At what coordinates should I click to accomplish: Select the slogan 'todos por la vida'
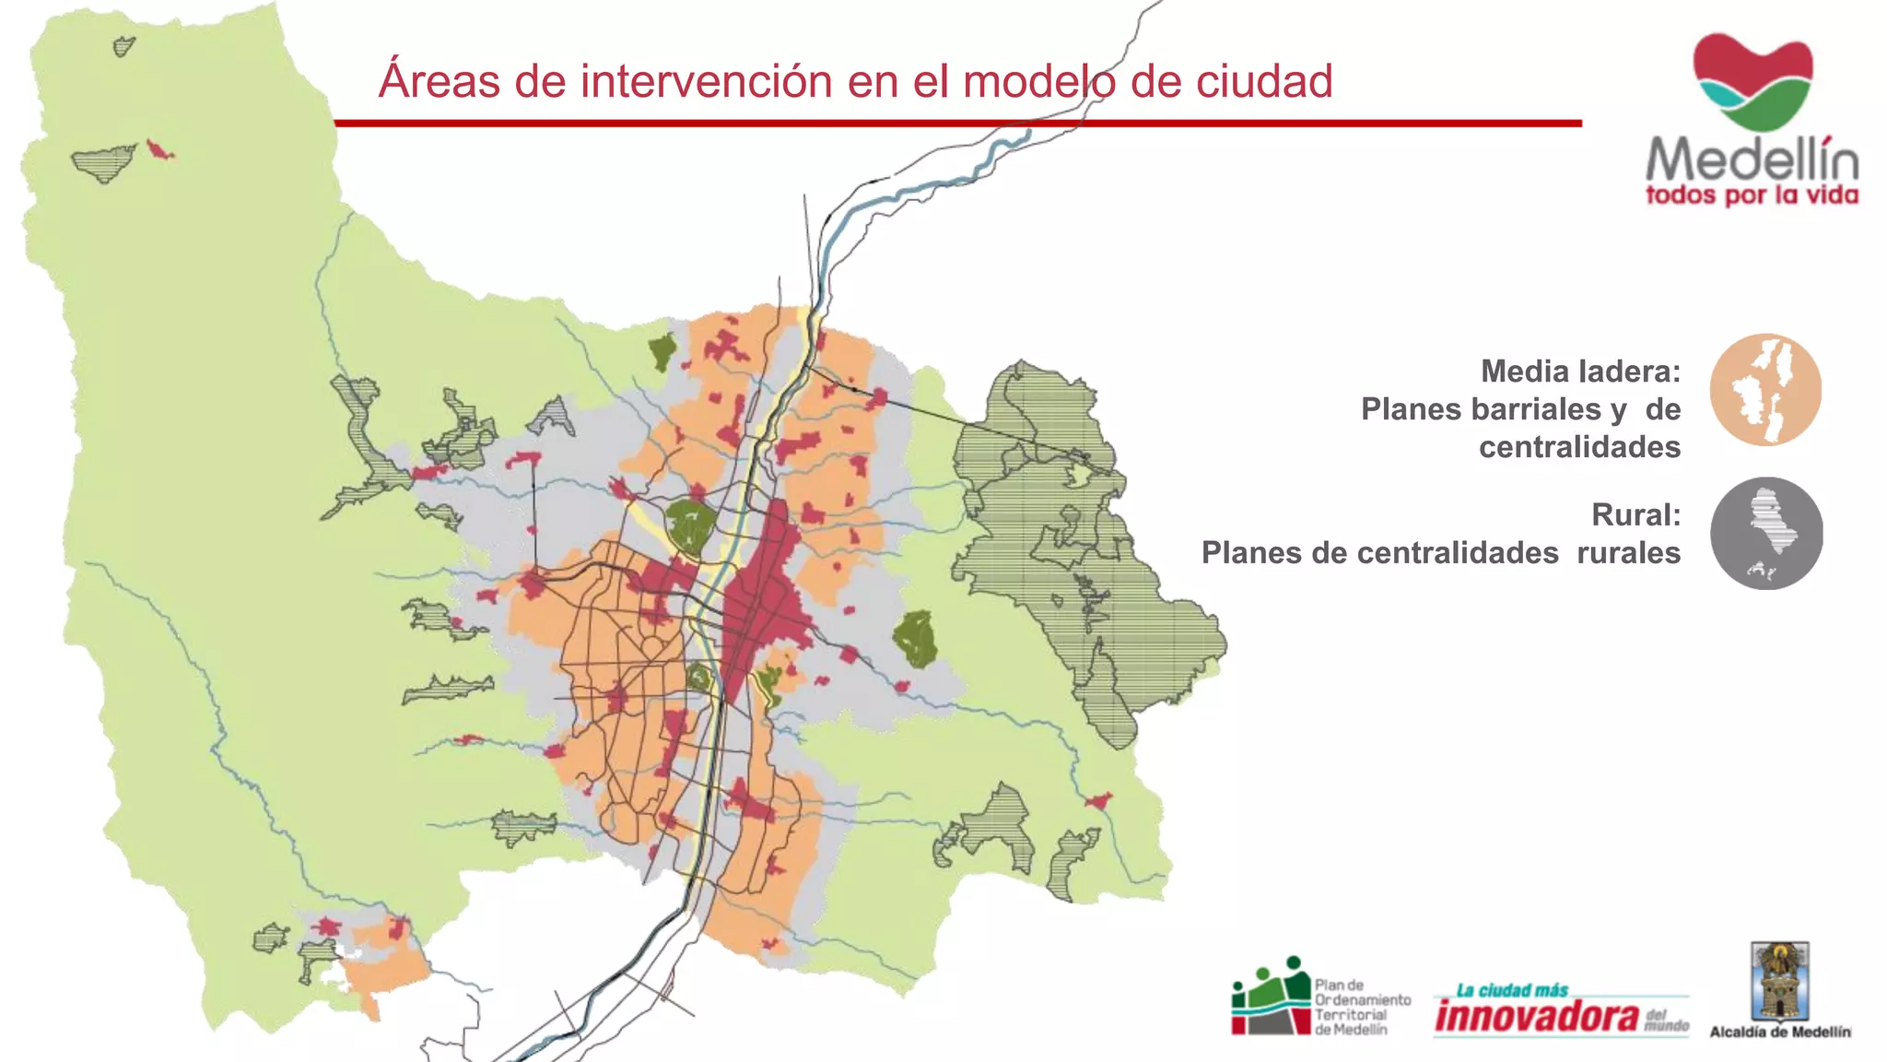pos(1752,195)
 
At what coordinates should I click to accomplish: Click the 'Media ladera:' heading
pos(1580,372)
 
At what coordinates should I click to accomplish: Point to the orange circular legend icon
pos(1765,390)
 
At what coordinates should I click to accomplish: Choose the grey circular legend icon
pos(1766,534)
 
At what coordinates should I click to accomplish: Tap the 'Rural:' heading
pos(1635,514)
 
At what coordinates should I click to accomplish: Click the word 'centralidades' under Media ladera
pos(1579,447)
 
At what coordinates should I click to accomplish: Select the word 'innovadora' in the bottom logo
pos(1536,1016)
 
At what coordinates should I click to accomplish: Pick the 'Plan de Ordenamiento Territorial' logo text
pos(1362,1007)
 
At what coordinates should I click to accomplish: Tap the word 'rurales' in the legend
pos(1628,553)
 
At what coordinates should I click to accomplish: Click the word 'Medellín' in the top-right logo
pos(1752,159)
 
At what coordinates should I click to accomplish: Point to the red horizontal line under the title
pos(958,123)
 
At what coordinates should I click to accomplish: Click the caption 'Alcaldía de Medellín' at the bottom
pos(1780,1032)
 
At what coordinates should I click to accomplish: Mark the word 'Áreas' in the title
pos(440,81)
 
